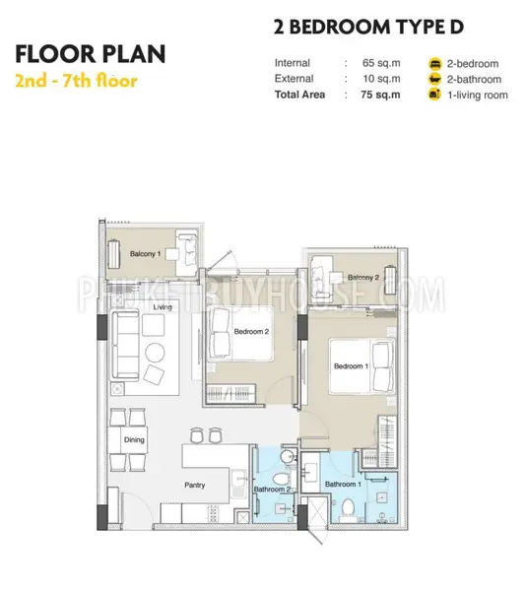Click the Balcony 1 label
tap(145, 254)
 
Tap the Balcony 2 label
tap(363, 278)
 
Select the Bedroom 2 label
tap(251, 332)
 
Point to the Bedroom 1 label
tap(351, 366)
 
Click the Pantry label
tap(194, 485)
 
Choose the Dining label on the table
tap(134, 440)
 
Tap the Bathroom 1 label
tap(343, 484)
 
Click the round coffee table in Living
tap(155, 353)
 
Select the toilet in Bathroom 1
tap(349, 507)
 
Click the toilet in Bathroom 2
tap(280, 480)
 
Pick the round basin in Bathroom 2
tap(289, 456)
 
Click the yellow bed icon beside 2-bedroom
tap(435, 64)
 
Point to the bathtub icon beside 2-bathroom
tap(435, 79)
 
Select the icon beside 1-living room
tap(435, 95)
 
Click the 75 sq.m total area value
tap(380, 95)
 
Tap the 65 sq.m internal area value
tap(381, 63)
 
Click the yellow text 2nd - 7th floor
tap(76, 81)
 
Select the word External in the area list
tap(294, 79)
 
